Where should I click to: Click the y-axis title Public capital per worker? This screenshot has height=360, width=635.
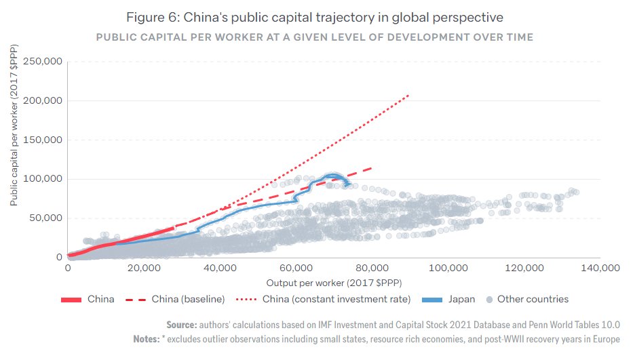[14, 125]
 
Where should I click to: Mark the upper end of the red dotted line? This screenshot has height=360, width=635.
[408, 96]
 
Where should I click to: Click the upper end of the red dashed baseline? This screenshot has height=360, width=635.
[372, 167]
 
